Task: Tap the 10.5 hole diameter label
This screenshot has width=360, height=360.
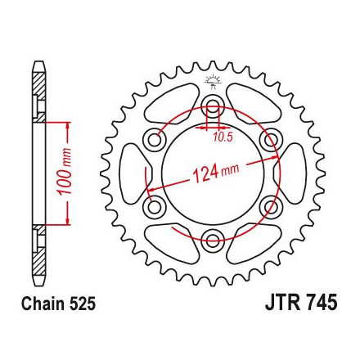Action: click(x=223, y=137)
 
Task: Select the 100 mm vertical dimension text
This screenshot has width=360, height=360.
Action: click(x=65, y=172)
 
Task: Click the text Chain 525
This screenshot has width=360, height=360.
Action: click(x=59, y=304)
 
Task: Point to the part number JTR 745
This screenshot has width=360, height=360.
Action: click(x=301, y=303)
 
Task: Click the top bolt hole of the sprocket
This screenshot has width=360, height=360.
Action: click(x=213, y=106)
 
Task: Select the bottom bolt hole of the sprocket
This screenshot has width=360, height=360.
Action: click(x=213, y=239)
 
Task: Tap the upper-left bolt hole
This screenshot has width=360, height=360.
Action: click(x=155, y=140)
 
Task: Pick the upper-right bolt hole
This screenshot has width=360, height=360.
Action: click(x=269, y=139)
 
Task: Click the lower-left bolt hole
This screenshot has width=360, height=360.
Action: click(x=155, y=207)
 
